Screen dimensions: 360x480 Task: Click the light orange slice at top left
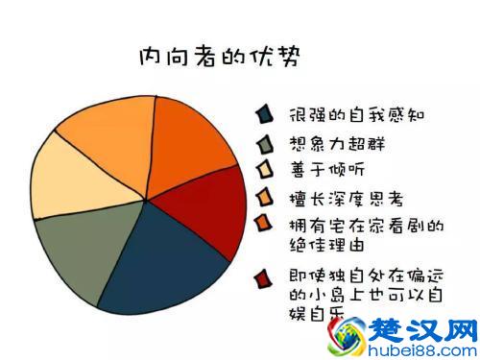click(x=106, y=125)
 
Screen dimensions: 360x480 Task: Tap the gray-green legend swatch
click(x=262, y=144)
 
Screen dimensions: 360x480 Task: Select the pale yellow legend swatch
click(x=262, y=171)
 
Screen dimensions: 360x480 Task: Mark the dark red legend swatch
click(x=261, y=278)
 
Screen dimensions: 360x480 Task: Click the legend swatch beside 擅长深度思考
click(x=262, y=199)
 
